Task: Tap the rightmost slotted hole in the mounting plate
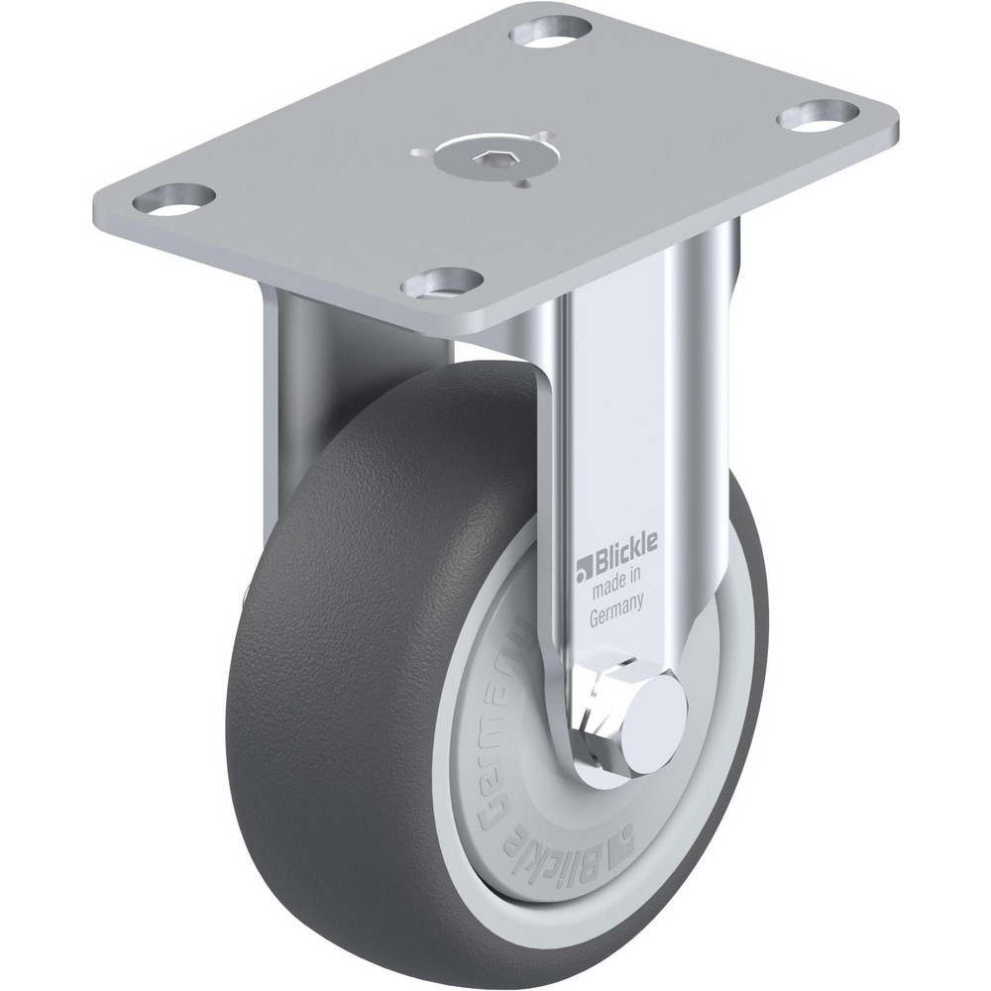point(816,114)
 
